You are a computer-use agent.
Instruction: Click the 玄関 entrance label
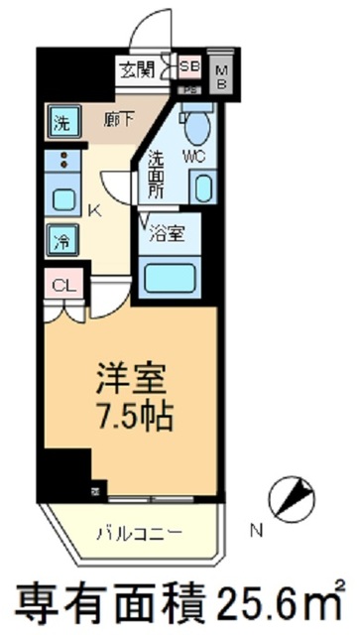point(136,69)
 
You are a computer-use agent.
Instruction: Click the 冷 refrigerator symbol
point(60,239)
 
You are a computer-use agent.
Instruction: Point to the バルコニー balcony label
point(138,533)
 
